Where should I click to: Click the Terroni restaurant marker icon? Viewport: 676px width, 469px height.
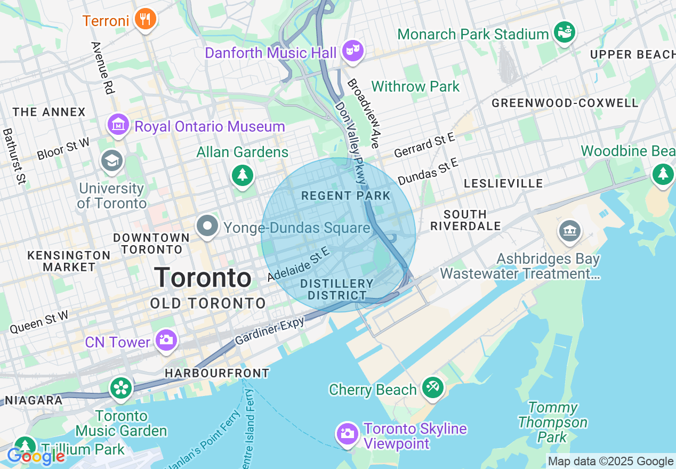click(x=144, y=20)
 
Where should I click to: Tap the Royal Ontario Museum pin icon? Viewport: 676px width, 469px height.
click(x=118, y=125)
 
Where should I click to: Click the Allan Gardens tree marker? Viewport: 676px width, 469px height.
click(x=243, y=175)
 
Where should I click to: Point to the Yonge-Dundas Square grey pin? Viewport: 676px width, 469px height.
click(x=207, y=227)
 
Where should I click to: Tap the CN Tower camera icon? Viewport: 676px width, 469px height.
click(x=166, y=340)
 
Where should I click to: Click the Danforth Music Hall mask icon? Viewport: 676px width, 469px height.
click(x=352, y=51)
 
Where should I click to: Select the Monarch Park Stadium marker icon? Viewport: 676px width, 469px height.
click(x=564, y=33)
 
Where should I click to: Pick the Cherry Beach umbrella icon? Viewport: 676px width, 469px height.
click(x=432, y=388)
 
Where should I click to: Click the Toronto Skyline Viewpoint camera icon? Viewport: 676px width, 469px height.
click(x=347, y=433)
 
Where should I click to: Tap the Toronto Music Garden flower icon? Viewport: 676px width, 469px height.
click(x=121, y=389)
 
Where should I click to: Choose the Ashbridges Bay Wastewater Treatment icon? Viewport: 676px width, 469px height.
click(x=569, y=231)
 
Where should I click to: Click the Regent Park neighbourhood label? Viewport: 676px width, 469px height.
click(x=346, y=196)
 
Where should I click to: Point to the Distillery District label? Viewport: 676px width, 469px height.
click(x=337, y=289)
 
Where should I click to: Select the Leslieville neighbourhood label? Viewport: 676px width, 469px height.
click(x=503, y=183)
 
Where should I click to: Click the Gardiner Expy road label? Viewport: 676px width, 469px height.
click(x=270, y=330)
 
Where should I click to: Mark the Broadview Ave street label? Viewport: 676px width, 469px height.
click(x=363, y=114)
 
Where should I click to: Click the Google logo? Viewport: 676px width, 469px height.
click(x=36, y=456)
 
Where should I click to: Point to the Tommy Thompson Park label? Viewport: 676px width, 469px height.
click(x=552, y=423)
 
